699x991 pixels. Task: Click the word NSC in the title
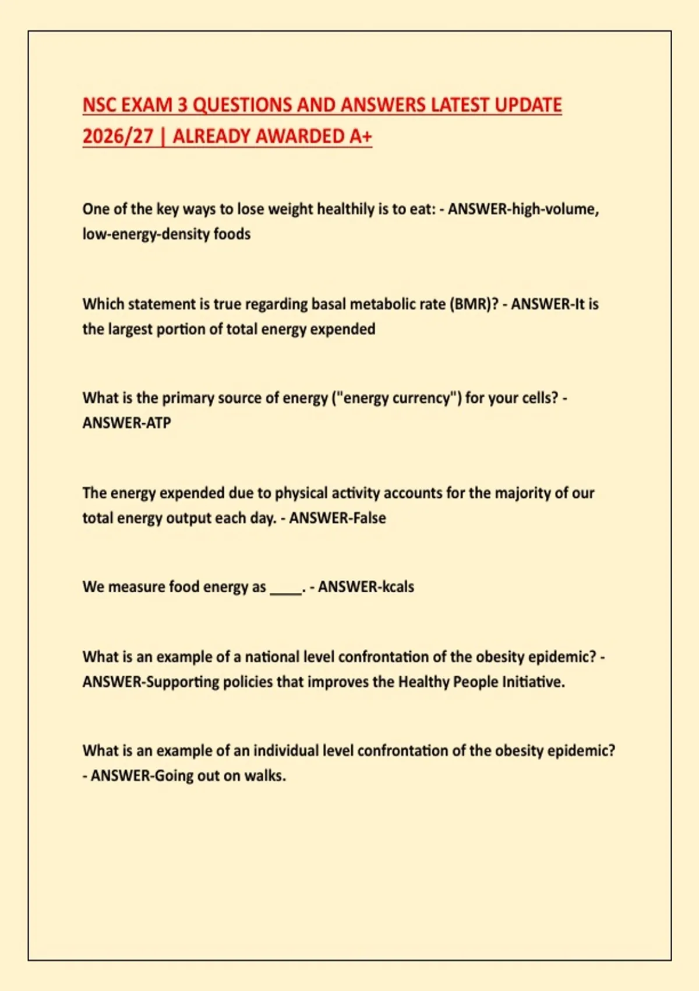click(x=100, y=106)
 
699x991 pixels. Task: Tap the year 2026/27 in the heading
click(x=117, y=136)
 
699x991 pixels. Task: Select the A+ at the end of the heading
click(x=361, y=136)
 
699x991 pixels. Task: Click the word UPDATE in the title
click(x=528, y=106)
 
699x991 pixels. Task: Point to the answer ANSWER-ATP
click(x=127, y=423)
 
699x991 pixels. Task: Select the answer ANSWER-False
click(x=337, y=518)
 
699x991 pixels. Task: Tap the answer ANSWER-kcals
click(x=366, y=587)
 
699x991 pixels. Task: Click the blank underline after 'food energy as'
click(x=285, y=590)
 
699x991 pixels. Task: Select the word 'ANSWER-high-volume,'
click(x=523, y=209)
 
